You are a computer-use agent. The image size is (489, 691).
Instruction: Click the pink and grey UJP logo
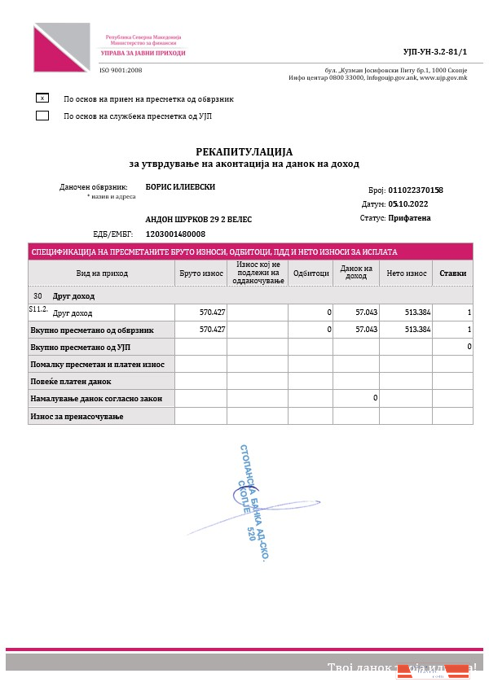point(62,47)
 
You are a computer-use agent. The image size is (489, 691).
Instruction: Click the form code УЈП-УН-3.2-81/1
point(436,51)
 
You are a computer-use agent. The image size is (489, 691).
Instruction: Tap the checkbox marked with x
point(42,98)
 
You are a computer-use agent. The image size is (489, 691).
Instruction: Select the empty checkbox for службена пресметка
point(42,116)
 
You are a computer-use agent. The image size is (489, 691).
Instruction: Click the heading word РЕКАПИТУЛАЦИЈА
point(244,151)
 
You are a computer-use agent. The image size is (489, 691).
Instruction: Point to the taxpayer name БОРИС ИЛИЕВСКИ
point(180,186)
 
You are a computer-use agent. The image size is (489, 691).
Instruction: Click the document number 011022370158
point(416,190)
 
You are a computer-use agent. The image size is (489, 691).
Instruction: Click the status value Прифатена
point(410,217)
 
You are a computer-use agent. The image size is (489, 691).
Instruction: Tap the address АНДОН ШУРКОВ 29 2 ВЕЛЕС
point(199,220)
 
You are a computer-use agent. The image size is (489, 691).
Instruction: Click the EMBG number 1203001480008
point(175,234)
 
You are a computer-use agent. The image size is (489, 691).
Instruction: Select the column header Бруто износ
point(200,273)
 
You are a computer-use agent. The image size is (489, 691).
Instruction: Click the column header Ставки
point(452,273)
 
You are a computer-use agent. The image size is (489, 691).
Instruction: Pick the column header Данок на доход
point(356,273)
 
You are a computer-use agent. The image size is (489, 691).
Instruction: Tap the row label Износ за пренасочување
point(76,417)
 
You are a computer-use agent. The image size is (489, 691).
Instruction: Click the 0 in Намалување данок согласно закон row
point(375,398)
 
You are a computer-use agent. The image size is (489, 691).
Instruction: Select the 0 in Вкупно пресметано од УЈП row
point(469,347)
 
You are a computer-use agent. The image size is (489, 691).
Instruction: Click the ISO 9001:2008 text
point(121,70)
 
